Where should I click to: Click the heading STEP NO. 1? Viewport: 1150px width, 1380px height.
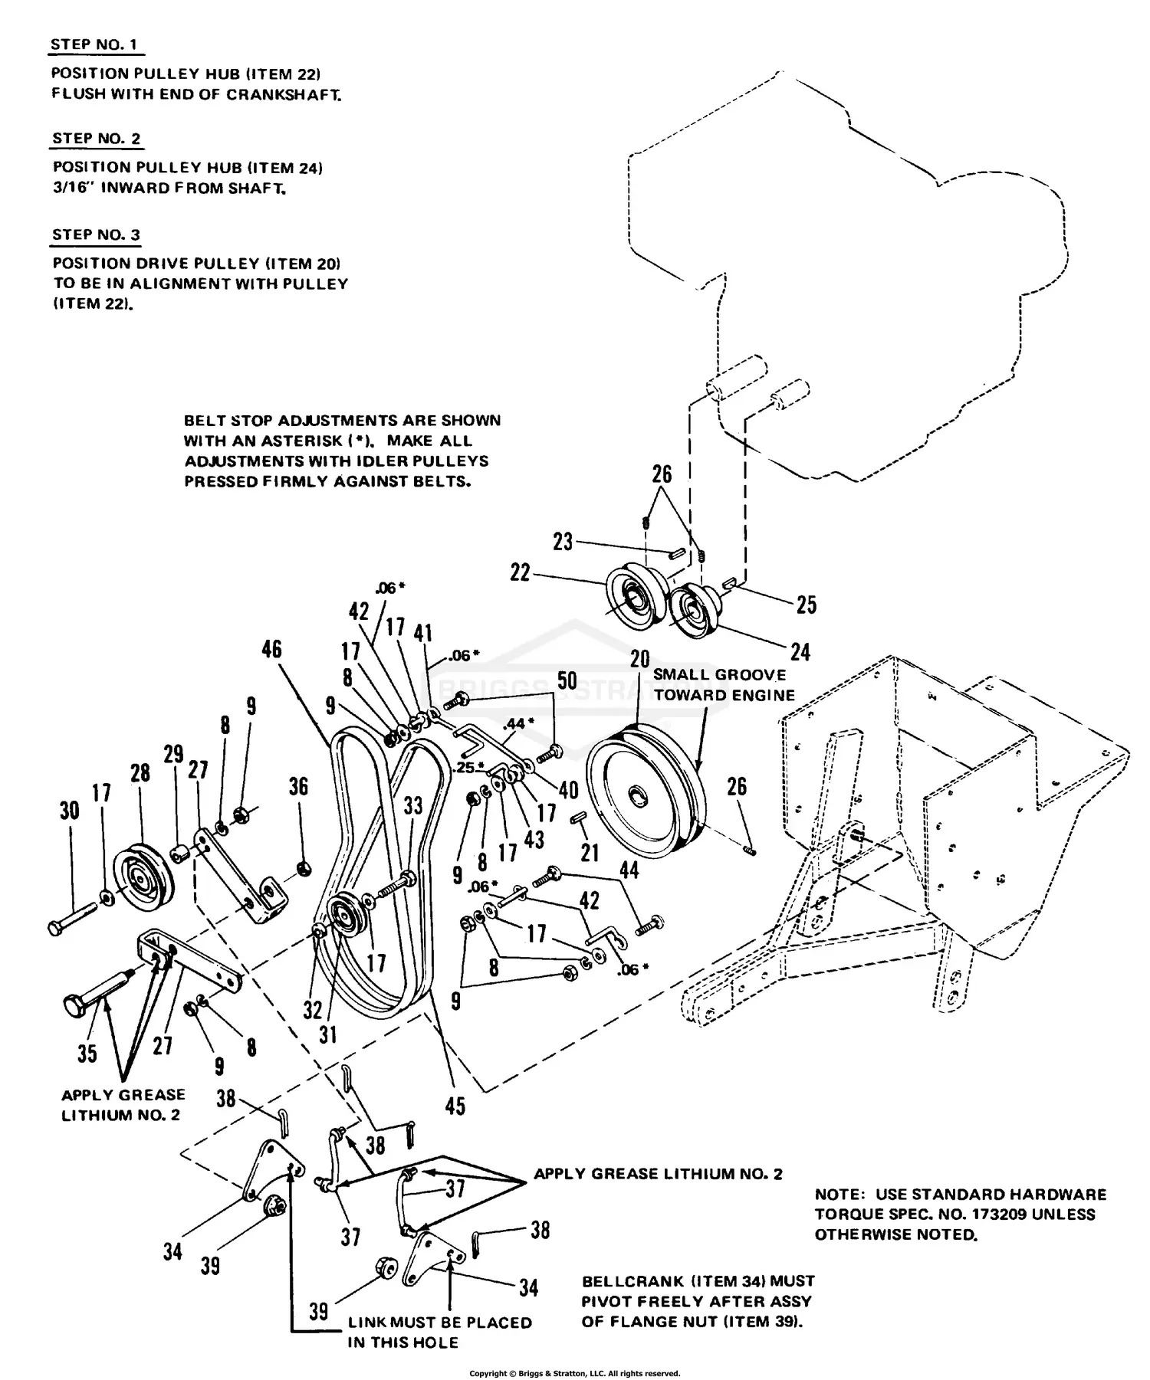coord(94,44)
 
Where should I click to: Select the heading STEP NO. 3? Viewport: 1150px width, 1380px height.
coord(96,234)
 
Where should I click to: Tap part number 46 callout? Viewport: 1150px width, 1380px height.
coord(271,649)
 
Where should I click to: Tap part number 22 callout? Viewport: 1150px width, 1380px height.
coord(520,572)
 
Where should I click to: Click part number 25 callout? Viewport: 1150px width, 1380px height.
coord(806,605)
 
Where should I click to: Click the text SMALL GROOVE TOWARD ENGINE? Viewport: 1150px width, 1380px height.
coord(723,684)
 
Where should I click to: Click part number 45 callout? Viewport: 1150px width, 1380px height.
coord(455,1105)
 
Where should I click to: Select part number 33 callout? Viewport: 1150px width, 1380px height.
coord(413,805)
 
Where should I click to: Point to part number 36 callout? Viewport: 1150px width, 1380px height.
coord(298,786)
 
